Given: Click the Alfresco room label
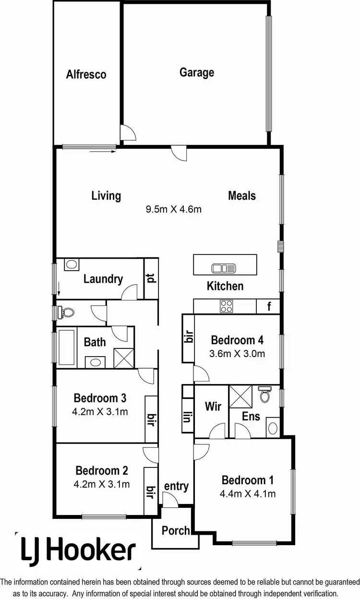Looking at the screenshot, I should pyautogui.click(x=86, y=74).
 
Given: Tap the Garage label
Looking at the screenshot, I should pyautogui.click(x=197, y=72).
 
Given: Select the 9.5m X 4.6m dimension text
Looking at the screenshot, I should pyautogui.click(x=173, y=209).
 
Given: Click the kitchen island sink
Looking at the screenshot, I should pyautogui.click(x=224, y=267).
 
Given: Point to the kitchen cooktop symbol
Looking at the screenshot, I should pyautogui.click(x=226, y=306).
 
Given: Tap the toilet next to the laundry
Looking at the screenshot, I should pyautogui.click(x=66, y=312).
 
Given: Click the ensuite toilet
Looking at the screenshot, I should pyautogui.click(x=264, y=395).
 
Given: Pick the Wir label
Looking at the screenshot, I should pyautogui.click(x=213, y=406).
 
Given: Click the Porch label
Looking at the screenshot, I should pyautogui.click(x=176, y=530).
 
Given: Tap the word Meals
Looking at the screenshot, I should pyautogui.click(x=242, y=195).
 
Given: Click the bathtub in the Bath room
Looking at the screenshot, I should pyautogui.click(x=66, y=348).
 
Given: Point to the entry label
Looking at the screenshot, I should pyautogui.click(x=176, y=486).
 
